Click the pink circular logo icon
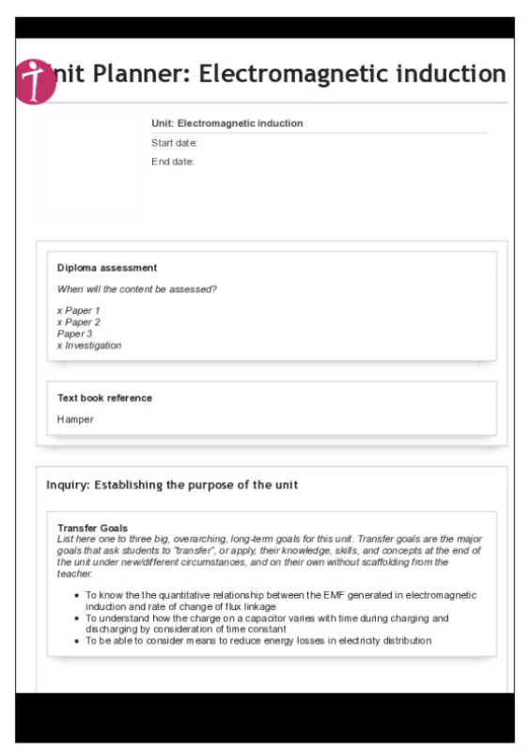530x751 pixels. pyautogui.click(x=37, y=82)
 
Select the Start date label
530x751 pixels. pyautogui.click(x=174, y=143)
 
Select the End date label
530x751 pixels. pyautogui.click(x=173, y=162)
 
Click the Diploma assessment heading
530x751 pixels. pyautogui.click(x=107, y=268)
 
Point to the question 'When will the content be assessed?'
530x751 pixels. pyautogui.click(x=137, y=289)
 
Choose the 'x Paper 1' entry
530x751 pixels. pyautogui.click(x=78, y=310)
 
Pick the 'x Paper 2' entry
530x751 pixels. pyautogui.click(x=78, y=322)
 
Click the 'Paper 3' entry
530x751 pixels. pyautogui.click(x=74, y=334)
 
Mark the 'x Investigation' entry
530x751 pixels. pyautogui.click(x=89, y=345)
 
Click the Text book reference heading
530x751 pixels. pyautogui.click(x=104, y=398)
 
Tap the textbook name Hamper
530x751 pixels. pyautogui.click(x=75, y=419)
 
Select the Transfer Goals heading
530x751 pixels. pyautogui.click(x=92, y=528)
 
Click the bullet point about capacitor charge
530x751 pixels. pyautogui.click(x=267, y=624)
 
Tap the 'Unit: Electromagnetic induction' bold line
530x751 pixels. pyautogui.click(x=227, y=123)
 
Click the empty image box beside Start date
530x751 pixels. pyautogui.click(x=86, y=168)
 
